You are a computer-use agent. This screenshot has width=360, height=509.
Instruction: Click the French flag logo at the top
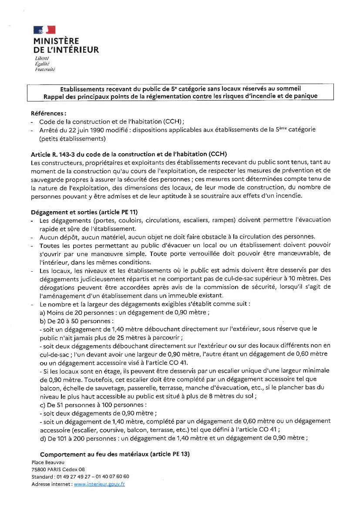(x=44, y=30)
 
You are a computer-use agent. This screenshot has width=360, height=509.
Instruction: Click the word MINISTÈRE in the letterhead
(x=56, y=41)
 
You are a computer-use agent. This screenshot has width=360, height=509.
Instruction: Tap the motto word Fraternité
(x=45, y=69)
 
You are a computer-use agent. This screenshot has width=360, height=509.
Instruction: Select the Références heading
(x=48, y=113)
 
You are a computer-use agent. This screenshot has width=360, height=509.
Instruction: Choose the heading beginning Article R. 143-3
(x=129, y=154)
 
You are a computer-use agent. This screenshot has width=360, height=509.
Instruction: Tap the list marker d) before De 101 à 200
(x=43, y=438)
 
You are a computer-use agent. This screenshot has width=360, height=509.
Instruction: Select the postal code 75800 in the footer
(x=40, y=469)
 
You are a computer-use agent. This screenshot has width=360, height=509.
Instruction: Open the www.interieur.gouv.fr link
(x=99, y=484)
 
